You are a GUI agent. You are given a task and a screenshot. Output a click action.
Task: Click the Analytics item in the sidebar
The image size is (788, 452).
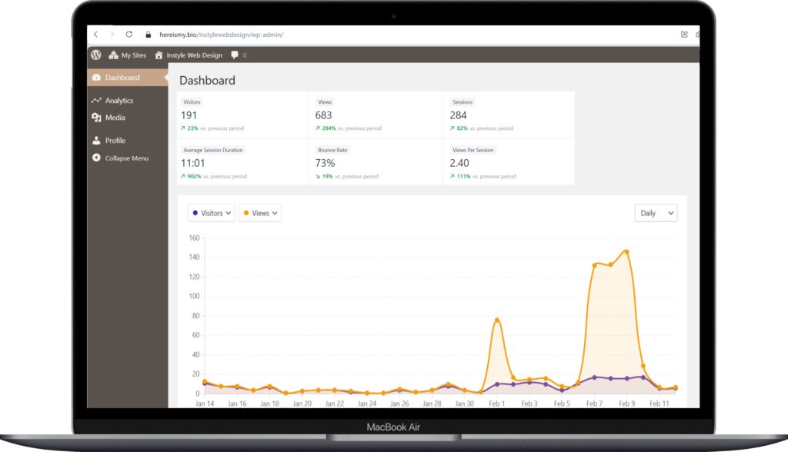click(119, 101)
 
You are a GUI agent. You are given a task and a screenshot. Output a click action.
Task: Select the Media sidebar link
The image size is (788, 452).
click(115, 118)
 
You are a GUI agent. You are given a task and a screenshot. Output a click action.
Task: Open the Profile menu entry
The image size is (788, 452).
click(115, 141)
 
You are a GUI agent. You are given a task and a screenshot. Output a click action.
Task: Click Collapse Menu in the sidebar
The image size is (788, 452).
click(126, 158)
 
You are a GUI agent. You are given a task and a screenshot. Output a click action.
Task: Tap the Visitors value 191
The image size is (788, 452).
click(189, 115)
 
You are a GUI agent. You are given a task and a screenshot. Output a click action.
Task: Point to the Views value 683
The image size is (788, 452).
click(324, 115)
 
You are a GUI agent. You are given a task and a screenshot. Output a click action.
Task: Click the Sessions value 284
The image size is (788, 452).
click(459, 115)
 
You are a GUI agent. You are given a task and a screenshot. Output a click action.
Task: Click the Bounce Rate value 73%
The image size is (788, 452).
click(325, 163)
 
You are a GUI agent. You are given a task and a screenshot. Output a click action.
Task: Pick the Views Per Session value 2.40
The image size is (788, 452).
click(459, 163)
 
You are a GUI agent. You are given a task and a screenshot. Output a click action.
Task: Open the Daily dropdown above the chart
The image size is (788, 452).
click(656, 213)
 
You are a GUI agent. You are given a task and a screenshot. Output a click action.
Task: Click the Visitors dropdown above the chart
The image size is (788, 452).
click(212, 213)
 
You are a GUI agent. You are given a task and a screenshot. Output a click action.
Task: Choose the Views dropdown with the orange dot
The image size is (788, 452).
click(260, 213)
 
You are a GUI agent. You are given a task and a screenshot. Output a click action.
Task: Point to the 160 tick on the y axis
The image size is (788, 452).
click(193, 238)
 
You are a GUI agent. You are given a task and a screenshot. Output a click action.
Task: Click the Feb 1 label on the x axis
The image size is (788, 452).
click(496, 404)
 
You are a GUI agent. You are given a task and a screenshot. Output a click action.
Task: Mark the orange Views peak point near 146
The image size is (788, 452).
click(626, 251)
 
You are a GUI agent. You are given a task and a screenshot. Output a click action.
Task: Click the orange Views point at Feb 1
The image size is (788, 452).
click(497, 320)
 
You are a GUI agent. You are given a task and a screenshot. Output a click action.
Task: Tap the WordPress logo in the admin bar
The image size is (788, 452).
click(96, 55)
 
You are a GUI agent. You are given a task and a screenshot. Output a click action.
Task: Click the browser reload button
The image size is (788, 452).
click(129, 35)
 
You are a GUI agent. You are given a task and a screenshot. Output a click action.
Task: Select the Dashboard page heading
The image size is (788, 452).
click(207, 80)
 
